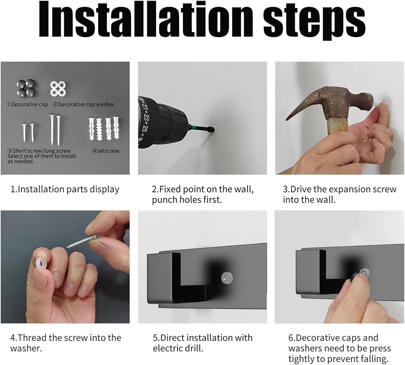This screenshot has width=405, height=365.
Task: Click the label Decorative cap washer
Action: pyautogui.click(x=83, y=104)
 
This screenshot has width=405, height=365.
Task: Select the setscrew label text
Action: pyautogui.click(x=106, y=151)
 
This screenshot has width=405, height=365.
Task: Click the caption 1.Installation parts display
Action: pyautogui.click(x=65, y=190)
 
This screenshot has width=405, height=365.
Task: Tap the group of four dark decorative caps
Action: pyautogui.click(x=26, y=87)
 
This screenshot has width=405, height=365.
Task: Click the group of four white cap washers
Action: pyautogui.click(x=58, y=89)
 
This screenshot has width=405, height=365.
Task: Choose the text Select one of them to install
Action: pyautogui.click(x=42, y=156)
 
